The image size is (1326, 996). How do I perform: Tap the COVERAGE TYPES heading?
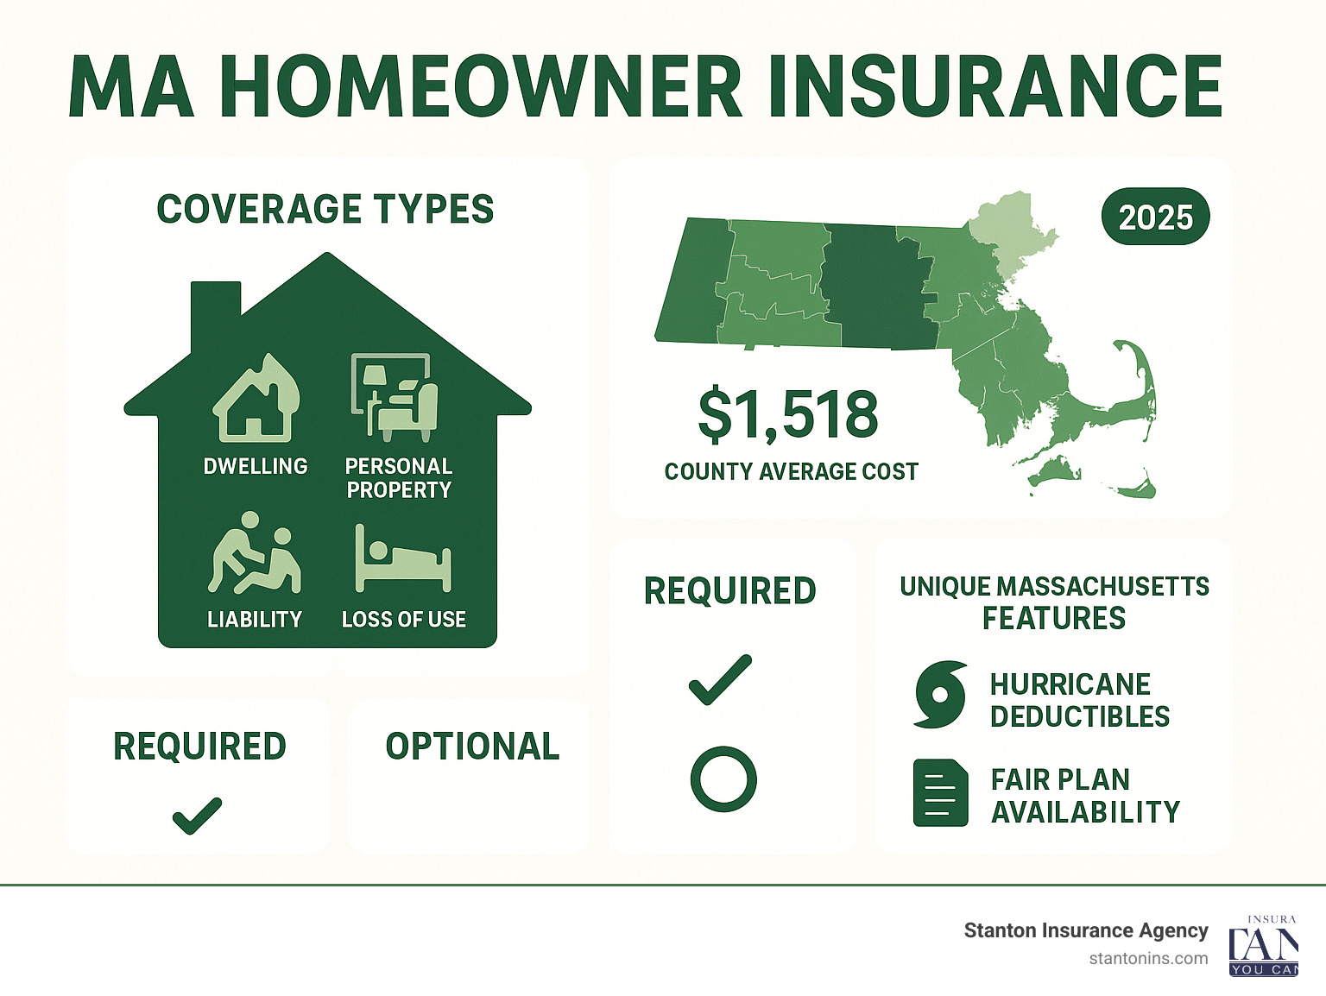point(325,210)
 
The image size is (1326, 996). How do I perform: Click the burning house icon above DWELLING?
point(256,398)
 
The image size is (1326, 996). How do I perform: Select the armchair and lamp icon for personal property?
point(395,396)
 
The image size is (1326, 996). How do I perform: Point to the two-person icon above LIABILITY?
point(254,554)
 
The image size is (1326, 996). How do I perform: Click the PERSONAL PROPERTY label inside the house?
point(399,478)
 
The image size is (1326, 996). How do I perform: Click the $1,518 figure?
point(787,414)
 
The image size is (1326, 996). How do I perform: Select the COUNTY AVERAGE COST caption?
point(791,472)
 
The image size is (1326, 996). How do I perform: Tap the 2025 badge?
point(1156,217)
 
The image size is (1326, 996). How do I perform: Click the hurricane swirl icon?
point(939,695)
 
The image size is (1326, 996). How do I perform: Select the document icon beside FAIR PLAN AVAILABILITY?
point(939,792)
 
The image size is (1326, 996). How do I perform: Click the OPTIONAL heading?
point(472,747)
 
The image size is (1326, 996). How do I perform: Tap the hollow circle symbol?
point(723,779)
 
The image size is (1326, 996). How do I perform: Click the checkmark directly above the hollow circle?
point(721,679)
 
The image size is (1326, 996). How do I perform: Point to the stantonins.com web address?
point(1148,958)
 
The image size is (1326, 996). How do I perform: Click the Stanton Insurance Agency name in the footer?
point(1085,930)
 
